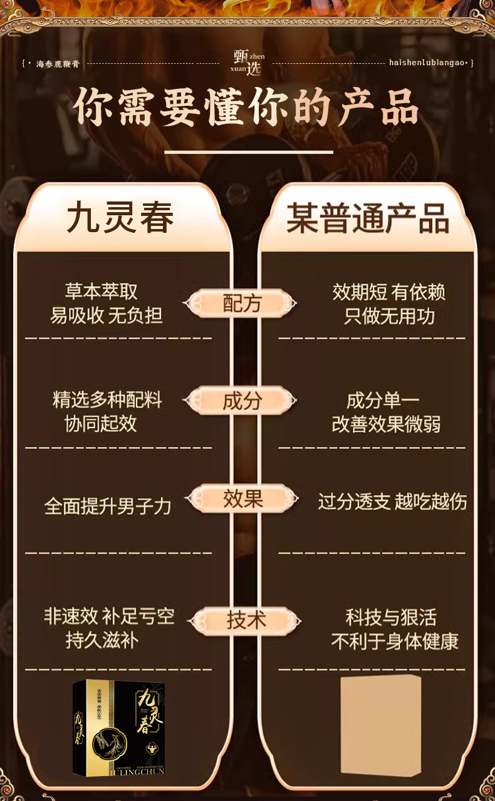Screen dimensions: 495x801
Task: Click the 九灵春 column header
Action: pos(120,218)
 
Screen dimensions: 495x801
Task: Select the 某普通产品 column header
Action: pos(368,218)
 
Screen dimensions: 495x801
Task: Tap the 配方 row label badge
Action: pos(241,304)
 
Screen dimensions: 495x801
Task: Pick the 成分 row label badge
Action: pos(241,400)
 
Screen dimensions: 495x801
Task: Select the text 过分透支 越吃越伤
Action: pos(392,501)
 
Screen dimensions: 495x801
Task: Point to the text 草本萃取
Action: pos(101,291)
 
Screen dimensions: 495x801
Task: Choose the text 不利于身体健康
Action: pos(395,641)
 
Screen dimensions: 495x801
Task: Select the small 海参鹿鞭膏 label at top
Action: pos(58,64)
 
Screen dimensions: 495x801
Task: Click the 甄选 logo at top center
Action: pos(248,63)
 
